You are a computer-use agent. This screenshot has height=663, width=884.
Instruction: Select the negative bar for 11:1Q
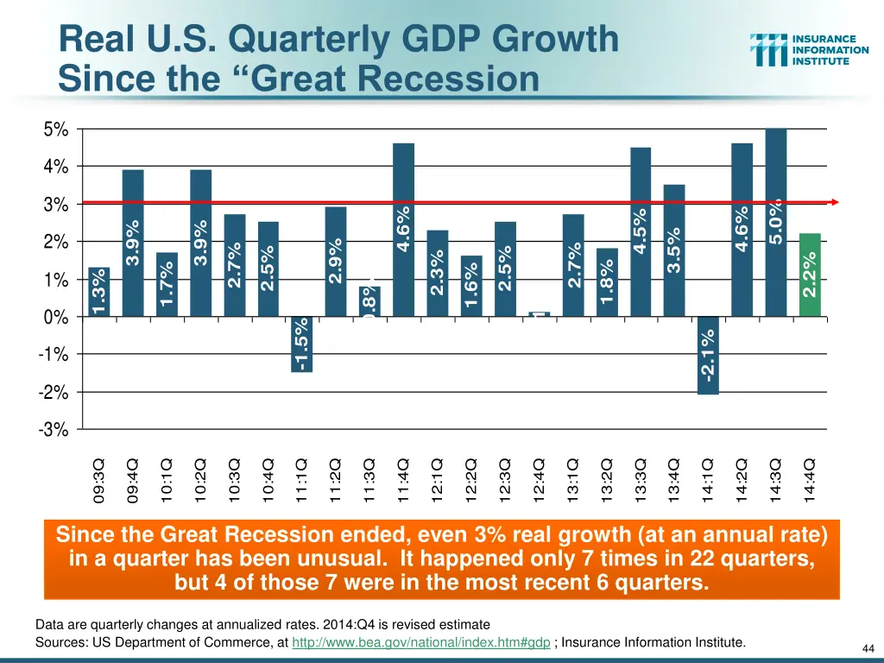(302, 344)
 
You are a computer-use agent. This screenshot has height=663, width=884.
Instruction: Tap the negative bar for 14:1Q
(708, 356)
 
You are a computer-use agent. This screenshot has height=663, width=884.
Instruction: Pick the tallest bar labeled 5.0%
(775, 223)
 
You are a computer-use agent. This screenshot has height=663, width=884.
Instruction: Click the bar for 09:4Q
(133, 243)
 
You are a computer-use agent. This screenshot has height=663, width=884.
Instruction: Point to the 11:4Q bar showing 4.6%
(403, 230)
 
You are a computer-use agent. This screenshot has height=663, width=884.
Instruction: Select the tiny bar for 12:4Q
(539, 314)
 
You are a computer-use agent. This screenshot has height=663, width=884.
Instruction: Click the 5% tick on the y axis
(56, 129)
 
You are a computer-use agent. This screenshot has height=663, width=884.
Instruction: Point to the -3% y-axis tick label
(54, 431)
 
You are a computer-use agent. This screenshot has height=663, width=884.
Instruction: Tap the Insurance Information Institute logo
(809, 50)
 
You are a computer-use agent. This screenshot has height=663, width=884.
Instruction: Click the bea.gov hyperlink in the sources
(421, 642)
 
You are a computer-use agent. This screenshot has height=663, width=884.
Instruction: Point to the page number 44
(868, 648)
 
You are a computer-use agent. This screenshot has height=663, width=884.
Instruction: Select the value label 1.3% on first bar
(99, 292)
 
